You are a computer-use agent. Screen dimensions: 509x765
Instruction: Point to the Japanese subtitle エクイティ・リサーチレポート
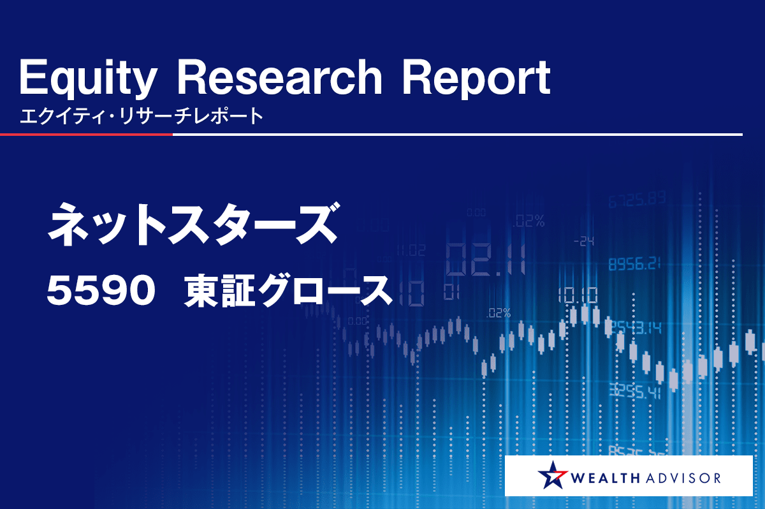[142, 116]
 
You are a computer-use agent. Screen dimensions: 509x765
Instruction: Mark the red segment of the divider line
[86, 135]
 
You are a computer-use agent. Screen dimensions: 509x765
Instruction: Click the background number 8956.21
[634, 263]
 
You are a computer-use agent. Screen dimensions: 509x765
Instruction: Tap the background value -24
[584, 242]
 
